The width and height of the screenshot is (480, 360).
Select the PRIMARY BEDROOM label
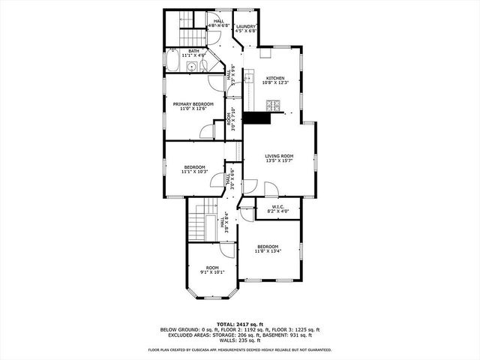(193, 103)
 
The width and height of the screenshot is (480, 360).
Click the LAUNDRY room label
(246, 26)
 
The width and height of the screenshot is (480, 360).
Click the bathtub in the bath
(172, 62)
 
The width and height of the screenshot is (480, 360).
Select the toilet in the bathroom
(208, 66)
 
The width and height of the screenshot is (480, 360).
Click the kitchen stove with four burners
(273, 106)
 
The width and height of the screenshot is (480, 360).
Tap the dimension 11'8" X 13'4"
(268, 251)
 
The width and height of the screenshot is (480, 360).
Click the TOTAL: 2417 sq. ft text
(239, 323)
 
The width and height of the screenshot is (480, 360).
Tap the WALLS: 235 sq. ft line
(239, 341)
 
